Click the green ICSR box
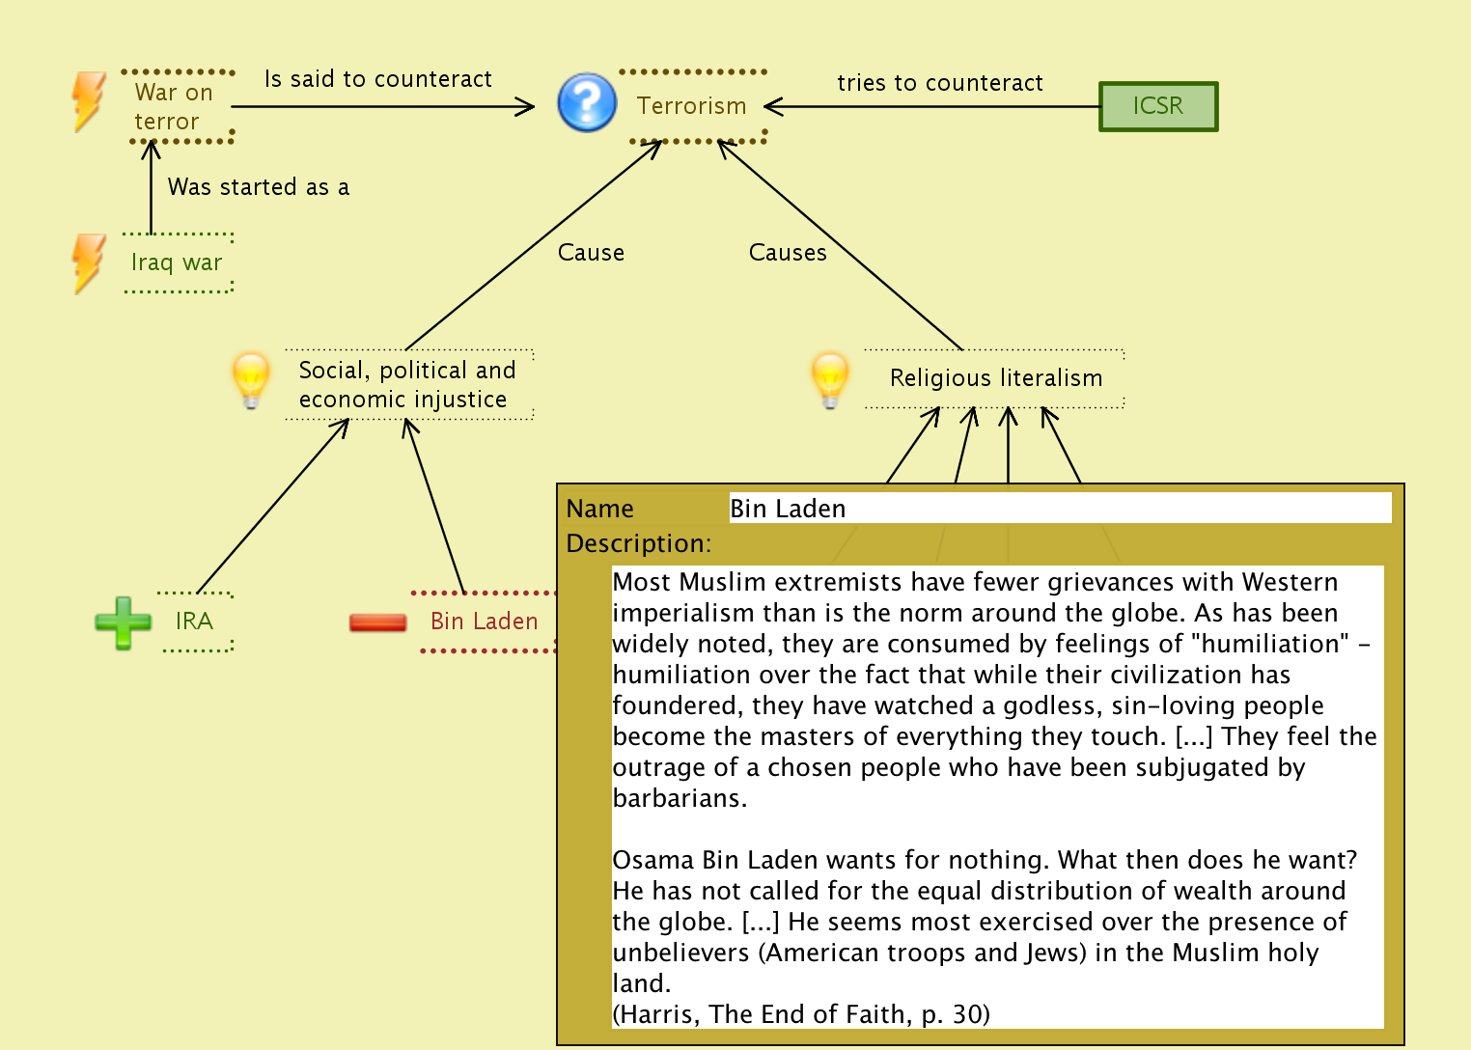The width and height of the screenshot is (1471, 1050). tap(1157, 106)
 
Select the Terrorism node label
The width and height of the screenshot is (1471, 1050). tap(691, 106)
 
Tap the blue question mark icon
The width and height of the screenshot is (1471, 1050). tap(587, 102)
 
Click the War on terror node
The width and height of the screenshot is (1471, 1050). tap(174, 107)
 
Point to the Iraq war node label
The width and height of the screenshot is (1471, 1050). tap(177, 262)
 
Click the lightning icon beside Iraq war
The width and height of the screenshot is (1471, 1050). tap(89, 262)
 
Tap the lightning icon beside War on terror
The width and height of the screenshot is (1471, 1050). tap(89, 100)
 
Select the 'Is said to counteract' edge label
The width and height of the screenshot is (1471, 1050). tap(378, 79)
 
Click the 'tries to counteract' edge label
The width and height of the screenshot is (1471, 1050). tap(940, 83)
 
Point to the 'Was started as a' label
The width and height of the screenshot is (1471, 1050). tap(259, 187)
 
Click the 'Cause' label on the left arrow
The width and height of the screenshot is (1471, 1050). tap(591, 253)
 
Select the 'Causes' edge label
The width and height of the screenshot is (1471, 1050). tap(788, 253)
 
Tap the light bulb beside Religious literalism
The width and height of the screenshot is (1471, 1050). tap(830, 379)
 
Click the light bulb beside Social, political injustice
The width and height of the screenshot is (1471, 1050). tap(251, 379)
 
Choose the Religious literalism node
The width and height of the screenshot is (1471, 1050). tap(996, 378)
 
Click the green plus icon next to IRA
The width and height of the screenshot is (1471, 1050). tap(124, 622)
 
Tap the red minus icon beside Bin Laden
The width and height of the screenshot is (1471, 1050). tap(377, 622)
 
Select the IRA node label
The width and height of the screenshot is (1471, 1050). tap(194, 622)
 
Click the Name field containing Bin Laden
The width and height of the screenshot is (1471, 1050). tap(1059, 509)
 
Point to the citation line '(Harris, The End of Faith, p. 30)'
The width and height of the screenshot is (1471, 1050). tap(801, 1014)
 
